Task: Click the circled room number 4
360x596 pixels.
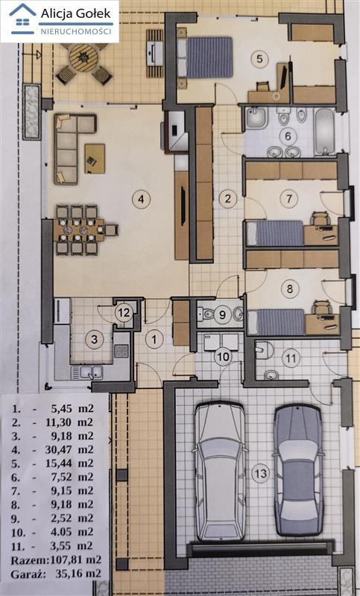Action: click(x=142, y=199)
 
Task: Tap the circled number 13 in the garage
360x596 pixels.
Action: click(x=261, y=473)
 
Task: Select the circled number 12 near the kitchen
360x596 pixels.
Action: click(x=124, y=313)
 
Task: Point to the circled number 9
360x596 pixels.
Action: click(x=222, y=314)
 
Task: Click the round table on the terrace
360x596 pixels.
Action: click(x=83, y=58)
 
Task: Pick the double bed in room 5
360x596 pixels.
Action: click(x=205, y=57)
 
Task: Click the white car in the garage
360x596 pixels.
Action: click(x=220, y=472)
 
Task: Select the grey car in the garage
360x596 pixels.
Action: click(x=298, y=471)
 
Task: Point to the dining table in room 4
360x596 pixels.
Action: click(x=80, y=230)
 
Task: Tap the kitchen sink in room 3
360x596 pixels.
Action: click(x=87, y=372)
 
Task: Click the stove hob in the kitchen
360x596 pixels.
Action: click(x=121, y=351)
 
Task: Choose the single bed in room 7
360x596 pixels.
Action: click(x=275, y=233)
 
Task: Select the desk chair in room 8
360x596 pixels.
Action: click(x=321, y=307)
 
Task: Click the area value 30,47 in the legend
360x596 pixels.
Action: click(x=68, y=450)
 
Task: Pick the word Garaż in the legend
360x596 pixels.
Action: click(x=25, y=574)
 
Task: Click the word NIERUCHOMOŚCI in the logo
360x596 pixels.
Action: click(x=76, y=31)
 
